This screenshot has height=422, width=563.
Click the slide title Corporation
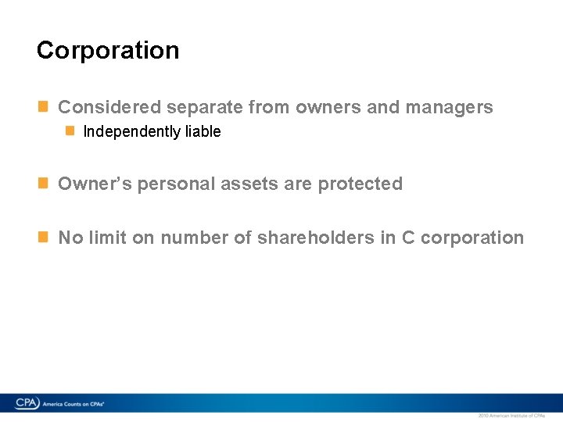[x=108, y=50]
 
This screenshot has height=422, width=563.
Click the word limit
[x=106, y=238]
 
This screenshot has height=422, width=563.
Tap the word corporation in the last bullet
[x=472, y=238]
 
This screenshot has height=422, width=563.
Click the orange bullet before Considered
[x=45, y=106]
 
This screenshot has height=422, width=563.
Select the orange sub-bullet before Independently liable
[x=70, y=131]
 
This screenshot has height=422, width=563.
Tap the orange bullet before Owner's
[x=45, y=183]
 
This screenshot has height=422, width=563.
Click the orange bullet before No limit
[x=45, y=237]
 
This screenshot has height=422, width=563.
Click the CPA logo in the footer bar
[x=27, y=403]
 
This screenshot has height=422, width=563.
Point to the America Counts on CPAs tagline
[x=74, y=404]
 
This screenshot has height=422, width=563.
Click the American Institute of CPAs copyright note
[x=511, y=416]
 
